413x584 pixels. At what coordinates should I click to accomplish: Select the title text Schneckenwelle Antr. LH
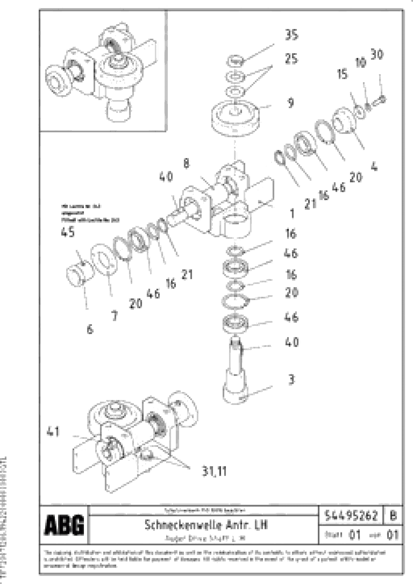pos(206,524)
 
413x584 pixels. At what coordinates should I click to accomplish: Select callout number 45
pos(68,232)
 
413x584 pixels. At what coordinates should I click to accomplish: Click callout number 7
pos(115,316)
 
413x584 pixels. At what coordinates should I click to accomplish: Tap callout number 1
pos(292,213)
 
